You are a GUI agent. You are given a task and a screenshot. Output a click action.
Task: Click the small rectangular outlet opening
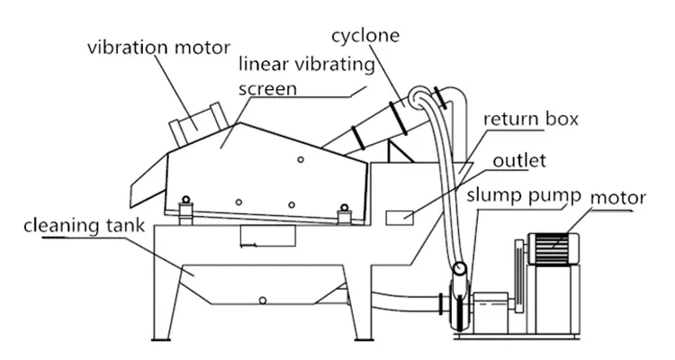click(399, 217)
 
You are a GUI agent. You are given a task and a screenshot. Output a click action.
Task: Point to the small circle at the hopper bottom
click(262, 299)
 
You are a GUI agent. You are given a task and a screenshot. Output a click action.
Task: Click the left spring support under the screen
click(186, 209)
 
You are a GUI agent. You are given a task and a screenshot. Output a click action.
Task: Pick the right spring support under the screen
click(344, 214)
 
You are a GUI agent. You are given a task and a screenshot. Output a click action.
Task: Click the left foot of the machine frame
click(163, 336)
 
